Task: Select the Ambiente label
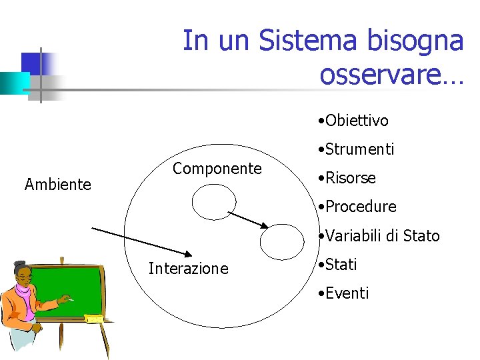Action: [x=58, y=185]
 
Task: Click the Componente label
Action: [x=217, y=169]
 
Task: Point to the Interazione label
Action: [x=189, y=269]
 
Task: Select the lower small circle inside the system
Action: [x=281, y=241]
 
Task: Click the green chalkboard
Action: [x=74, y=287]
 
